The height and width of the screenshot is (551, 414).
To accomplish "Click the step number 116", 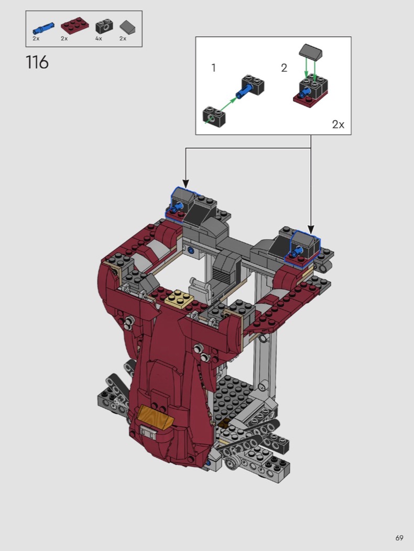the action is pyautogui.click(x=37, y=62).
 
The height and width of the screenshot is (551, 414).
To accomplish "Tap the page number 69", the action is pyautogui.click(x=399, y=538).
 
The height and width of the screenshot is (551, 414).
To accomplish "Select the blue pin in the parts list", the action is pyautogui.click(x=43, y=27).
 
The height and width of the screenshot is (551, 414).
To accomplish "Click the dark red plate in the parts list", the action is pyautogui.click(x=75, y=27).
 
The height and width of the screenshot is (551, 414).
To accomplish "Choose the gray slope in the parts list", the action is pyautogui.click(x=127, y=27).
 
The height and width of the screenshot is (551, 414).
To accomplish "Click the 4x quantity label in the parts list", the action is pyautogui.click(x=99, y=38).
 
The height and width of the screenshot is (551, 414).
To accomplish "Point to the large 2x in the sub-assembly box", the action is pyautogui.click(x=338, y=124).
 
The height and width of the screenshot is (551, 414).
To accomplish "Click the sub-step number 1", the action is pyautogui.click(x=214, y=68).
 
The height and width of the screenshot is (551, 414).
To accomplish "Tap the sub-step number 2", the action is pyautogui.click(x=284, y=68).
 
